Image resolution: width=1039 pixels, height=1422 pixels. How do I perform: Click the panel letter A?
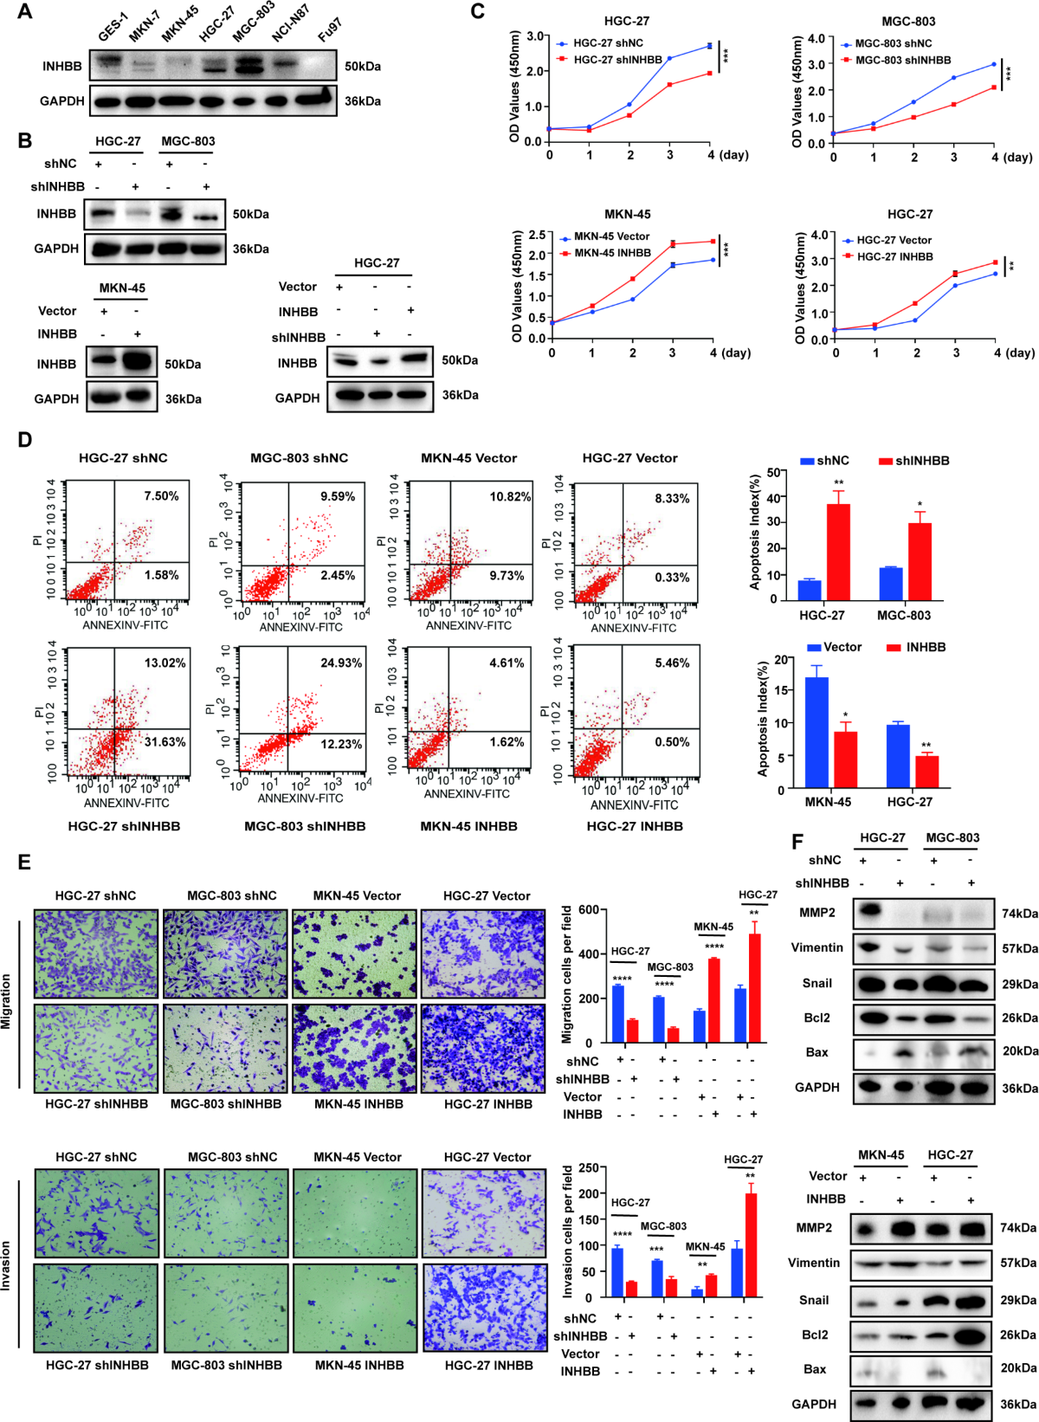tap(24, 11)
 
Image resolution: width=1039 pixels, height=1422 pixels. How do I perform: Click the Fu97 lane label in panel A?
tap(329, 31)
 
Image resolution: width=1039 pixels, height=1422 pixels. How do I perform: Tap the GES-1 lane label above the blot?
tap(113, 28)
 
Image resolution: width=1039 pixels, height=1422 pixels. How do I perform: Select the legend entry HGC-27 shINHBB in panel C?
tap(617, 59)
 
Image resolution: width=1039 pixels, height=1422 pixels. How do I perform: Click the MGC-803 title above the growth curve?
tap(908, 21)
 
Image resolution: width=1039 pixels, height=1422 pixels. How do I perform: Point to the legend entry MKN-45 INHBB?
tap(612, 253)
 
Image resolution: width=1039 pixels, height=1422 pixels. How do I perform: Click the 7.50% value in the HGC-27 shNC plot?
tap(161, 496)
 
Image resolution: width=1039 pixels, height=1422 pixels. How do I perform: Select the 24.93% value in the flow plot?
tap(341, 663)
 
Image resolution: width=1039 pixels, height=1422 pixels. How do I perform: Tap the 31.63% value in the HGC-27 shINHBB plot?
tap(165, 742)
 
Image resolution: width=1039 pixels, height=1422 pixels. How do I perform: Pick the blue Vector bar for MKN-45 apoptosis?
tap(816, 733)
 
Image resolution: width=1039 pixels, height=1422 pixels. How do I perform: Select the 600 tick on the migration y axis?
tap(590, 909)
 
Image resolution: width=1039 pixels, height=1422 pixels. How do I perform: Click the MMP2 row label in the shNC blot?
tap(816, 912)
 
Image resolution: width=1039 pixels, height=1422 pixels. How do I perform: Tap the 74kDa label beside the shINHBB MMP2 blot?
tap(1019, 914)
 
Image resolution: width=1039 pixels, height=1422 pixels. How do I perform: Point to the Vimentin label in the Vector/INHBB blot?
tap(813, 1263)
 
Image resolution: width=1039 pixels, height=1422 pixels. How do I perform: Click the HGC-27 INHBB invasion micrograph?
tap(484, 1308)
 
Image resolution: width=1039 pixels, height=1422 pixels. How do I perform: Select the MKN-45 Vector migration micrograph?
tap(357, 953)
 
